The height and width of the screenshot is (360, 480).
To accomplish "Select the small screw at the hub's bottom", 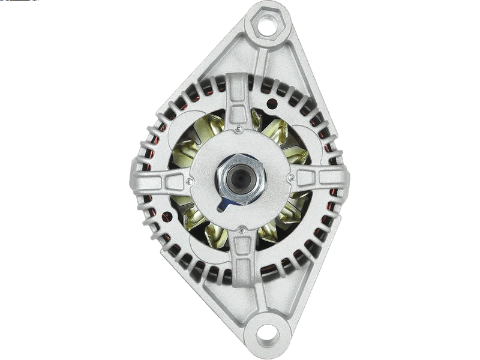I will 241,229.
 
